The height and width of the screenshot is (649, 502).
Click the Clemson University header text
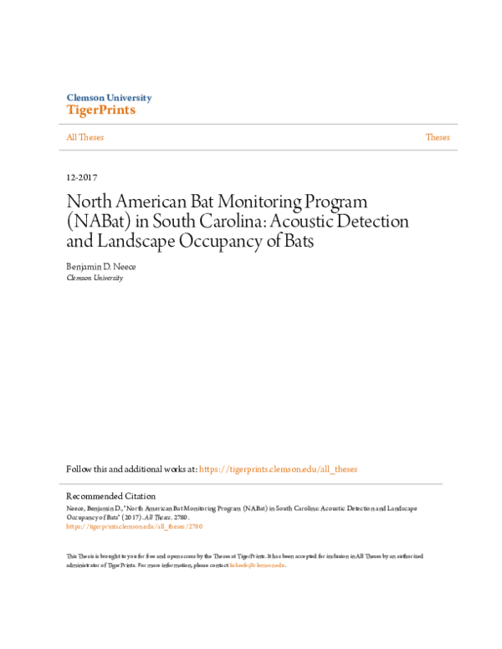[109, 98]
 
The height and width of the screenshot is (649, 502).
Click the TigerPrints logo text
[100, 110]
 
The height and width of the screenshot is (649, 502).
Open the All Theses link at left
[85, 137]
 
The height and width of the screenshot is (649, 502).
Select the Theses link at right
[438, 137]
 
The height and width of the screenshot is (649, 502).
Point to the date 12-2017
[82, 178]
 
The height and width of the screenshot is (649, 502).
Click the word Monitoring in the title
[258, 202]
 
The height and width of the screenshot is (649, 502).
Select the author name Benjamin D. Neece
[101, 266]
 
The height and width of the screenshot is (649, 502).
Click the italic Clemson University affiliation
[95, 278]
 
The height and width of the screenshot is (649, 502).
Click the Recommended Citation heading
[110, 496]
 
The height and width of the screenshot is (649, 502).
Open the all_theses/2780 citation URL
[134, 527]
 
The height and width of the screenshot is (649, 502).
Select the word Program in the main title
[333, 202]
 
